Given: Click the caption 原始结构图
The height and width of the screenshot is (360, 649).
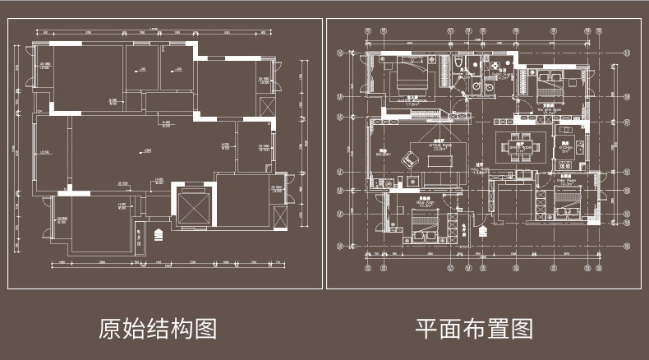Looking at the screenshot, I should (158, 329).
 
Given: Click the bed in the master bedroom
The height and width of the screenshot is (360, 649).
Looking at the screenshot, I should (408, 79).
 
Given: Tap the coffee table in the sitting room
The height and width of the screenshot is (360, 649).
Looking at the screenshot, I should (439, 159).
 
